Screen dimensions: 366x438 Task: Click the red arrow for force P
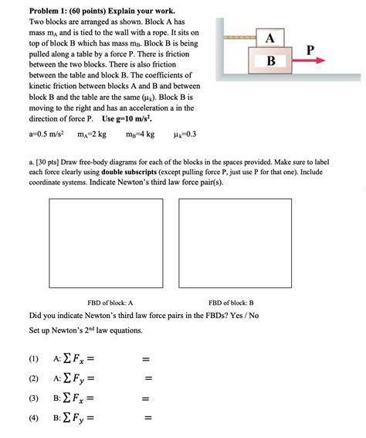tap(309, 60)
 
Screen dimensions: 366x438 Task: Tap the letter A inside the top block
tap(269, 38)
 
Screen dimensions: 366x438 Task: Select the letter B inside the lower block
tap(271, 60)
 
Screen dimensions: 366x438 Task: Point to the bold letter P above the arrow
tap(310, 50)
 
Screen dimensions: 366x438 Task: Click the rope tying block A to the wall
tap(240, 37)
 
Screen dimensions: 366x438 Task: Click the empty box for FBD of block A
tap(106, 243)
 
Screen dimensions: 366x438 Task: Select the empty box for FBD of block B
tap(236, 243)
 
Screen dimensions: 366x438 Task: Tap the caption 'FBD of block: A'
tap(110, 303)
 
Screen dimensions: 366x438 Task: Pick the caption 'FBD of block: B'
tap(231, 303)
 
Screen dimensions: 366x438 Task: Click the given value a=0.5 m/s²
tap(46, 134)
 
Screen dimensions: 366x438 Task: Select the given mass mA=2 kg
tap(92, 135)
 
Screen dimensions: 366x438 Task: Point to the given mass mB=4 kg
tap(141, 135)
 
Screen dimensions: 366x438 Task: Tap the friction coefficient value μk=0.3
tap(185, 135)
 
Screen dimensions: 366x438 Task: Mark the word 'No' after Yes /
tap(254, 316)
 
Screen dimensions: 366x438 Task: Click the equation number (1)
tap(34, 358)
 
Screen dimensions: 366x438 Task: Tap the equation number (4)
tap(34, 418)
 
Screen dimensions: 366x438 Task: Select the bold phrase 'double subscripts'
tap(129, 172)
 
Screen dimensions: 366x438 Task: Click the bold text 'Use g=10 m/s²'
tap(127, 118)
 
